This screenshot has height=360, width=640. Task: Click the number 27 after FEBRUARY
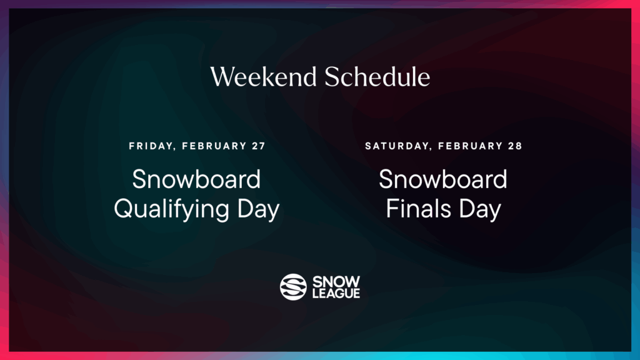pos(258,146)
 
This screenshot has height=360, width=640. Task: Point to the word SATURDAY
pos(396,146)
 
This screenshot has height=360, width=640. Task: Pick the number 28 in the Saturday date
pos(515,146)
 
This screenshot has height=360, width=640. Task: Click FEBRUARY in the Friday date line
pos(213,146)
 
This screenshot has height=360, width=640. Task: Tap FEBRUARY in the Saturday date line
pos(469,146)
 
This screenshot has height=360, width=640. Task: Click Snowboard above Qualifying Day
pos(196,180)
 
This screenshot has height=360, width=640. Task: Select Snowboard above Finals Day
pos(443,180)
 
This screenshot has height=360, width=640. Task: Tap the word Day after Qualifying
pos(257,209)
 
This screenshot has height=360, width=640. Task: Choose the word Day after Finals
pos(479,209)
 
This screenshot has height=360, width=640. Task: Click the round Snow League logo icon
pos(293,287)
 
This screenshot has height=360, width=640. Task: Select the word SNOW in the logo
pos(336,281)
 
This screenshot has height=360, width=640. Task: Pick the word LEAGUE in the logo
pos(336,293)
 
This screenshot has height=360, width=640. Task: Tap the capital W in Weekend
pos(222,77)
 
